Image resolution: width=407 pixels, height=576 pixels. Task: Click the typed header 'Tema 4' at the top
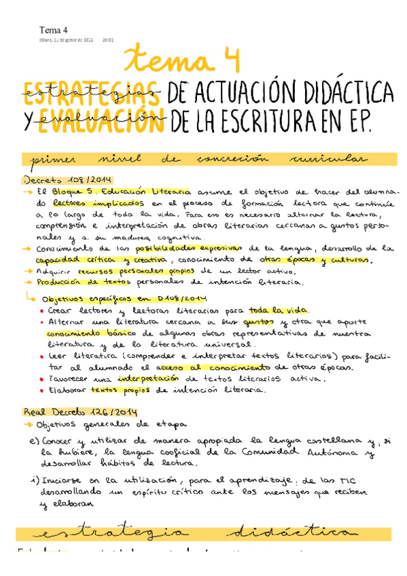coord(54,31)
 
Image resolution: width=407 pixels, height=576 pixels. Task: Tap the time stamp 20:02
coord(107,40)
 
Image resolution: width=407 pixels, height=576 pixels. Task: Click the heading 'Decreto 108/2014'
coord(60,180)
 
